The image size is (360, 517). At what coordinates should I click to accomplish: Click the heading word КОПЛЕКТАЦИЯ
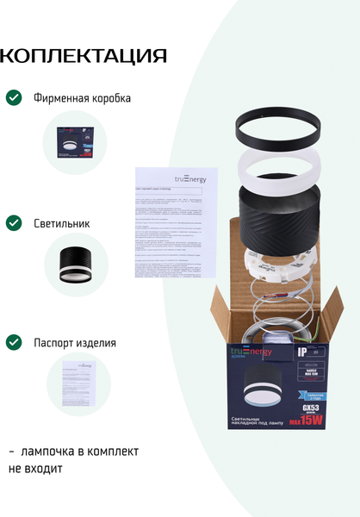tap(83, 57)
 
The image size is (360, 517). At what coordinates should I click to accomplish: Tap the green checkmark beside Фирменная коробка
tap(14, 97)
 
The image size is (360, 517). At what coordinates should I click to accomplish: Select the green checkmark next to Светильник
tap(14, 223)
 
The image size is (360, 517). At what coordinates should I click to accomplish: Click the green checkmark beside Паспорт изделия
tap(14, 342)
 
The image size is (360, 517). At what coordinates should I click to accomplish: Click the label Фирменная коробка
tap(83, 98)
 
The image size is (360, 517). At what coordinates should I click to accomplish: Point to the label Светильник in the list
tap(62, 223)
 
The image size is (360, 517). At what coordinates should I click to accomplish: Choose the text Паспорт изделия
tap(75, 342)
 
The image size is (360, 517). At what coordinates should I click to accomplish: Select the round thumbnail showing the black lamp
tap(76, 265)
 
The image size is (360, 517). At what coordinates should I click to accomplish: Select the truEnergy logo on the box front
tap(249, 352)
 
